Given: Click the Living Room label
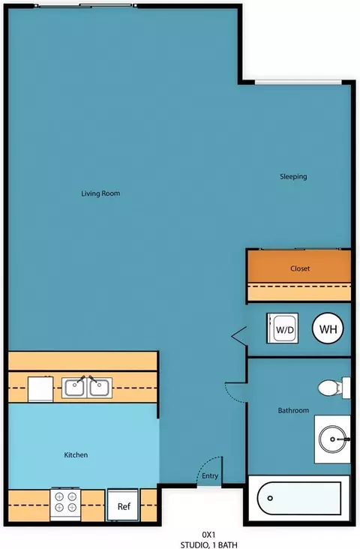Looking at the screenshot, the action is click(x=100, y=193).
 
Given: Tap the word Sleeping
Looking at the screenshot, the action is click(x=293, y=177).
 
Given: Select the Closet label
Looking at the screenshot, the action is click(x=300, y=268).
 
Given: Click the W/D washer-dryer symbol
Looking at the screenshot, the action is click(x=282, y=328).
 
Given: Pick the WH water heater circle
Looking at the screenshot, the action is click(x=328, y=328).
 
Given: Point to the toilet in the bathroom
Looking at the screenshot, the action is click(x=334, y=388).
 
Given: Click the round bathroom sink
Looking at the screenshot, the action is click(x=332, y=439).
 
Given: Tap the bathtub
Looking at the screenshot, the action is click(x=299, y=498).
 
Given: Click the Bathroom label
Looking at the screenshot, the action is click(x=293, y=410).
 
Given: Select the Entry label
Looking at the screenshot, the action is click(x=210, y=475).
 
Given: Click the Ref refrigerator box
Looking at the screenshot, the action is click(x=124, y=505).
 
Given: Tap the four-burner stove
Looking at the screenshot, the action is click(x=65, y=504).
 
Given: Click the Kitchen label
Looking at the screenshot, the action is click(x=76, y=454).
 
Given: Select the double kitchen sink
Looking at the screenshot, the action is click(x=87, y=388).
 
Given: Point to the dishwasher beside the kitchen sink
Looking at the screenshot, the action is click(x=40, y=389).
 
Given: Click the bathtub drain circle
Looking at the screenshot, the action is click(x=270, y=498).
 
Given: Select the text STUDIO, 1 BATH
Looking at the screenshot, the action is click(x=208, y=544).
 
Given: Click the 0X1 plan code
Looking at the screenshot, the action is click(x=208, y=535).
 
